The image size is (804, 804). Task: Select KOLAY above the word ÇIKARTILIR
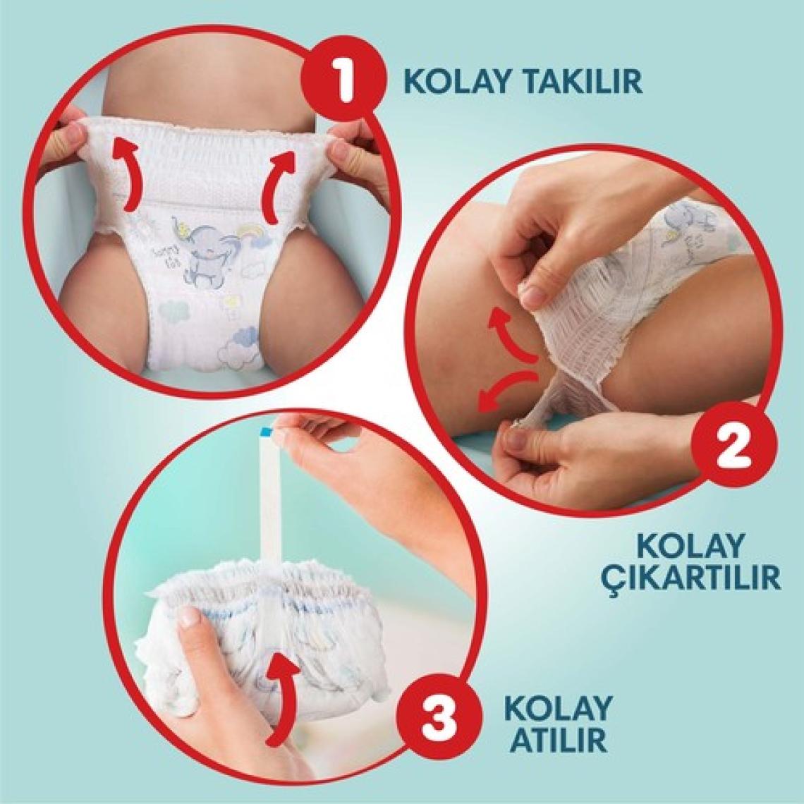689,546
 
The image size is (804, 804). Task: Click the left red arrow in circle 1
125,174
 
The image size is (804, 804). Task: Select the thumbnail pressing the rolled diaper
191,618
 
